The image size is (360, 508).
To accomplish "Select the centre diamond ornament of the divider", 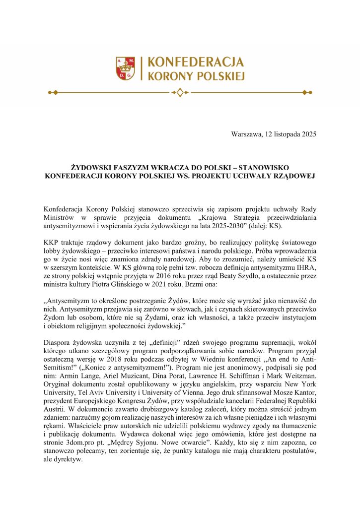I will [180, 92].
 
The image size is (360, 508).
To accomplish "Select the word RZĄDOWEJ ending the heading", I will [289, 177].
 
